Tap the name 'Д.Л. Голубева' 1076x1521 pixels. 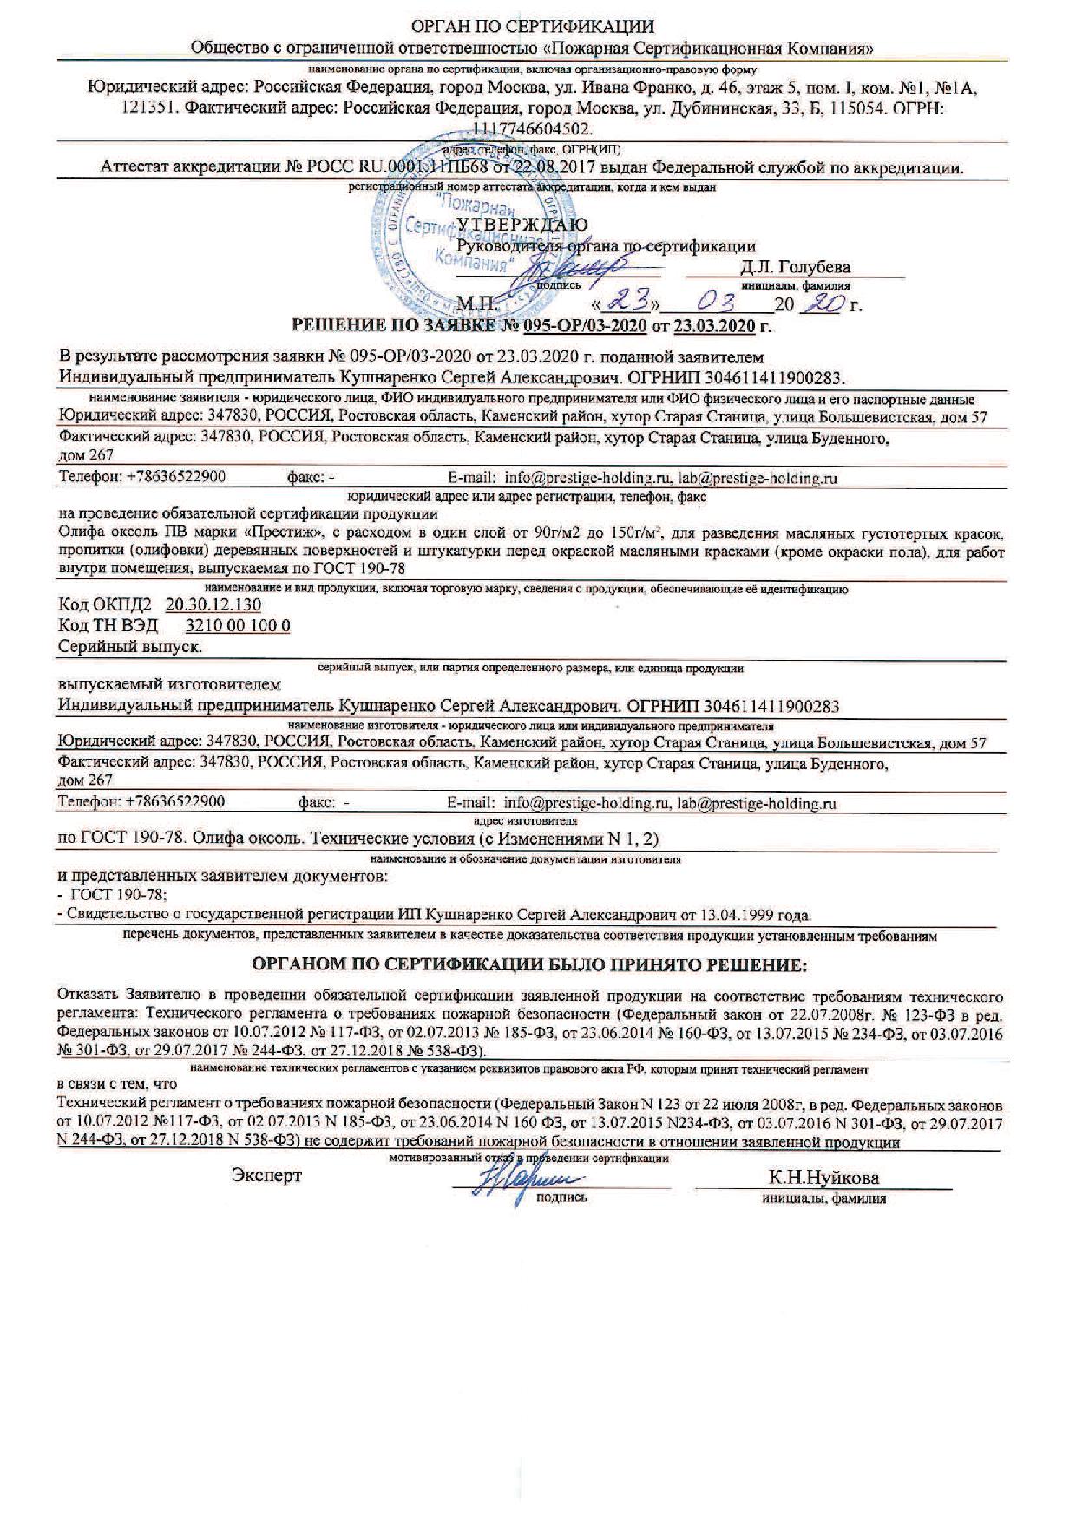[x=795, y=266]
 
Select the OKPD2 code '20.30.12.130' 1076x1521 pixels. [x=213, y=605]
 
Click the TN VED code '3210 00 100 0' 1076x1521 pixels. [x=239, y=626]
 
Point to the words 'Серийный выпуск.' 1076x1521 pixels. [x=129, y=647]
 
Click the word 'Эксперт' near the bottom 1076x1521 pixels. [x=266, y=1176]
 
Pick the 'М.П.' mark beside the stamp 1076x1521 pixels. [x=475, y=304]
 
